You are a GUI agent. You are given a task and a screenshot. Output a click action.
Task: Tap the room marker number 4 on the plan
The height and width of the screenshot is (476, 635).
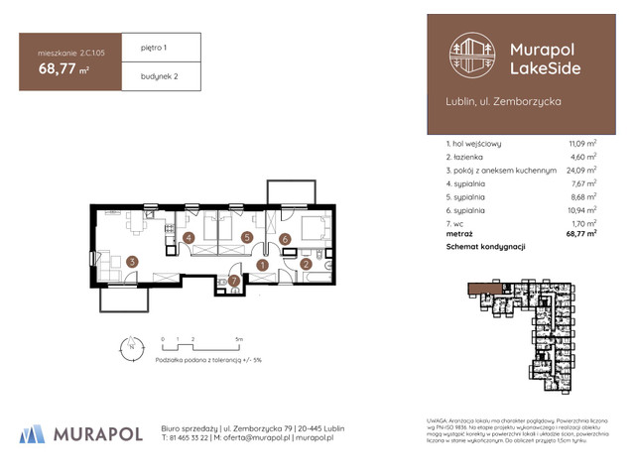pyautogui.click(x=189, y=238)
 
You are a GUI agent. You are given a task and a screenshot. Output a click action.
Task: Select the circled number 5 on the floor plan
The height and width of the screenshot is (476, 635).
pyautogui.click(x=245, y=237)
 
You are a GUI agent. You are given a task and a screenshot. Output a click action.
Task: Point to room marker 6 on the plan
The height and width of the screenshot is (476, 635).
pyautogui.click(x=284, y=238)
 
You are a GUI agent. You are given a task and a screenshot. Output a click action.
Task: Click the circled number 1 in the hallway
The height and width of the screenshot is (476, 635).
pyautogui.click(x=263, y=265)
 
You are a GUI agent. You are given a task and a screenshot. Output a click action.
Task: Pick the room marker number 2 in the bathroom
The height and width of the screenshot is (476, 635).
pyautogui.click(x=307, y=264)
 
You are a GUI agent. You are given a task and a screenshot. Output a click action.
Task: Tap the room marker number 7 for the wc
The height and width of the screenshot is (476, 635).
pyautogui.click(x=233, y=282)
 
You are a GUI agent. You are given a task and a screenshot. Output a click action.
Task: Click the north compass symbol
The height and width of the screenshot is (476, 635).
pyautogui.click(x=127, y=347)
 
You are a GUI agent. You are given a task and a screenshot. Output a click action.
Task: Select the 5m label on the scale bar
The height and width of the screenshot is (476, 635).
pyautogui.click(x=238, y=338)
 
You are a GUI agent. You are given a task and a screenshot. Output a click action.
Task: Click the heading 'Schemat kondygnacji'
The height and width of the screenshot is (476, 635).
pyautogui.click(x=485, y=245)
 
